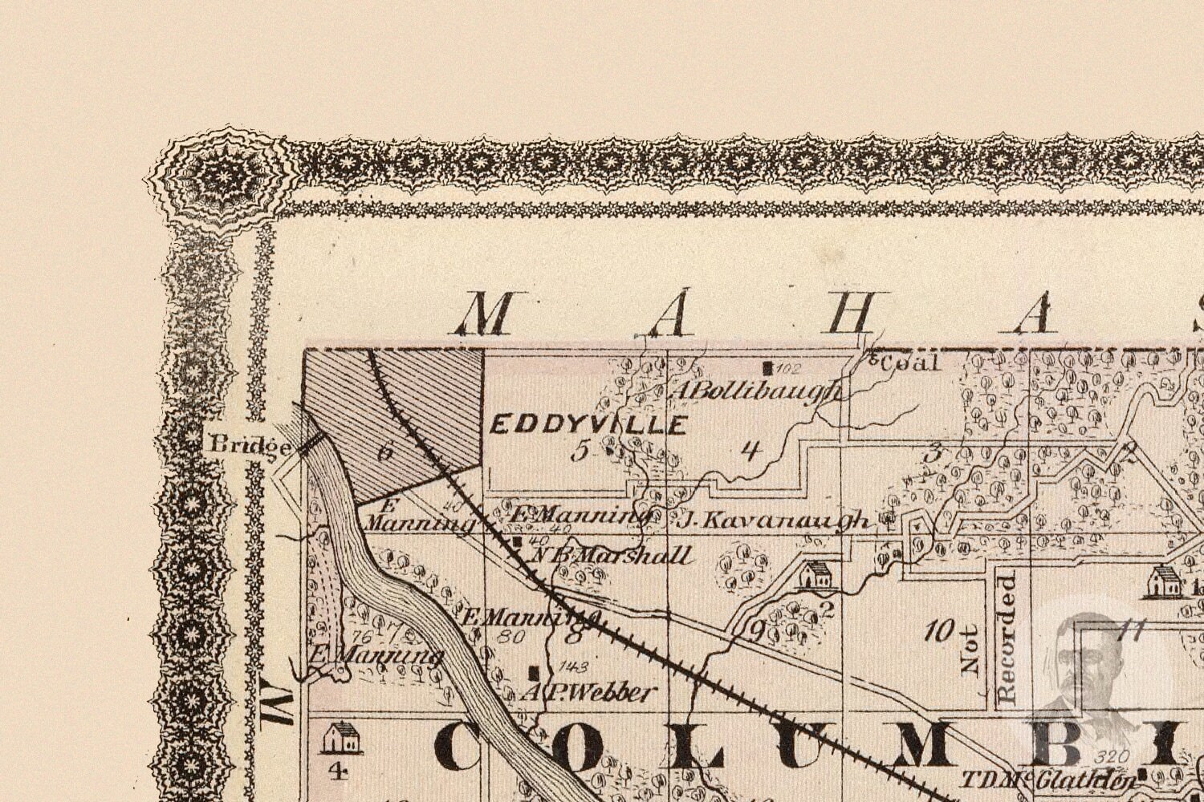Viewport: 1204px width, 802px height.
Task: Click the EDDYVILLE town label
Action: pos(588,424)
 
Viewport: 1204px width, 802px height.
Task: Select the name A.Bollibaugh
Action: pos(757,391)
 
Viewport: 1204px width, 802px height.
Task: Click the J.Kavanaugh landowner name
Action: pos(775,521)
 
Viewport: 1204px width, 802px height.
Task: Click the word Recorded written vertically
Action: pos(1007,638)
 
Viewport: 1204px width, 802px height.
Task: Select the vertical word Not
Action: pos(970,650)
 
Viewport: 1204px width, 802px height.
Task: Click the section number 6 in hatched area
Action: pos(386,451)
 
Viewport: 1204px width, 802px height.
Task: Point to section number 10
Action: pos(938,631)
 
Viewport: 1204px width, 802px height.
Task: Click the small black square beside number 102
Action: pos(768,369)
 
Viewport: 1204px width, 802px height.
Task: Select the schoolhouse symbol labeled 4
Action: pos(340,738)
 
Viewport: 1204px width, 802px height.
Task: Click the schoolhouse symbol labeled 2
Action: pos(816,575)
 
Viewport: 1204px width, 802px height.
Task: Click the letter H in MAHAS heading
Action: pos(852,313)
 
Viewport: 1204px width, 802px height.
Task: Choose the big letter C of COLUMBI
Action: pos(469,747)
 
